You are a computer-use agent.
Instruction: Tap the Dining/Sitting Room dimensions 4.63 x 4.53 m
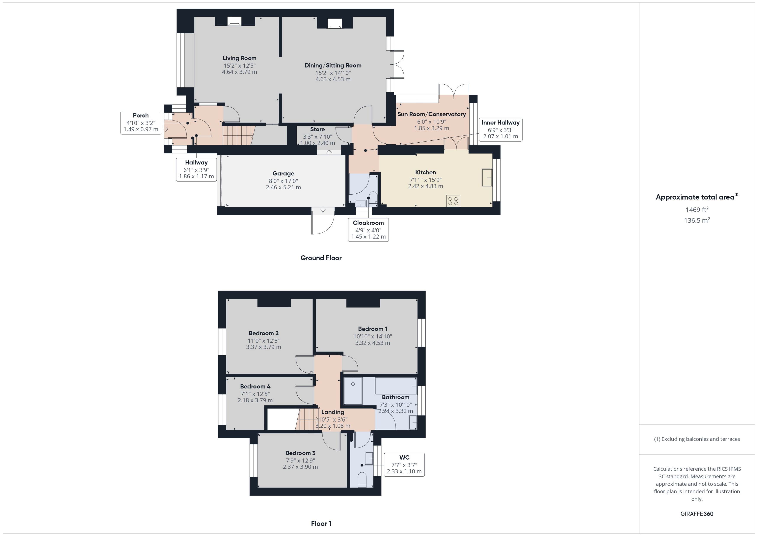click(x=333, y=79)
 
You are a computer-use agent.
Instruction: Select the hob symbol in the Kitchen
click(x=453, y=201)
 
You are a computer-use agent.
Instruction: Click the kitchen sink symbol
click(x=486, y=178)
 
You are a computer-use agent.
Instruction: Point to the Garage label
click(x=283, y=173)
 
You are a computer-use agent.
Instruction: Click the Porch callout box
click(x=141, y=122)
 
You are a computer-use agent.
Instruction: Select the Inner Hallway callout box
click(x=500, y=129)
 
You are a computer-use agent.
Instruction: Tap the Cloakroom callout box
click(x=368, y=230)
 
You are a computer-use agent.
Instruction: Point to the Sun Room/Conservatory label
click(x=431, y=114)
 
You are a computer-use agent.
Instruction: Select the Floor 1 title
click(x=321, y=523)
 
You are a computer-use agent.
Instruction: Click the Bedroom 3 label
click(x=300, y=453)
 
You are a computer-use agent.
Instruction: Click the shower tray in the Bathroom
click(x=353, y=391)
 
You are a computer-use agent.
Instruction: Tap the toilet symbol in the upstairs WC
click(x=362, y=479)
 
